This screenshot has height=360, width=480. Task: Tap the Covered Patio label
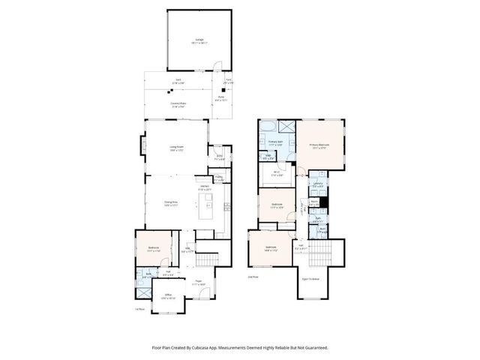click(x=177, y=107)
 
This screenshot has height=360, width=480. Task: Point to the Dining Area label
click(x=171, y=202)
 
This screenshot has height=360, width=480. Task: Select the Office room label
click(x=169, y=296)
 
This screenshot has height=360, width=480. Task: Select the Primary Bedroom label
click(x=319, y=146)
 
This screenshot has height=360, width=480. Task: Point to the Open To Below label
click(x=310, y=278)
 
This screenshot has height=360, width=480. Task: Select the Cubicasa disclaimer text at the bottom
click(x=240, y=348)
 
